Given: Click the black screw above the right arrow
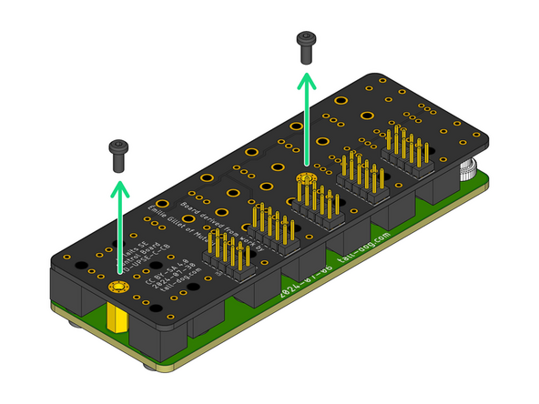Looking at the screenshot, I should coord(306,46).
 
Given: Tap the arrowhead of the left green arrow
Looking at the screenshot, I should coord(118,187).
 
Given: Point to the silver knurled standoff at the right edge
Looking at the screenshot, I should coord(470,169).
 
